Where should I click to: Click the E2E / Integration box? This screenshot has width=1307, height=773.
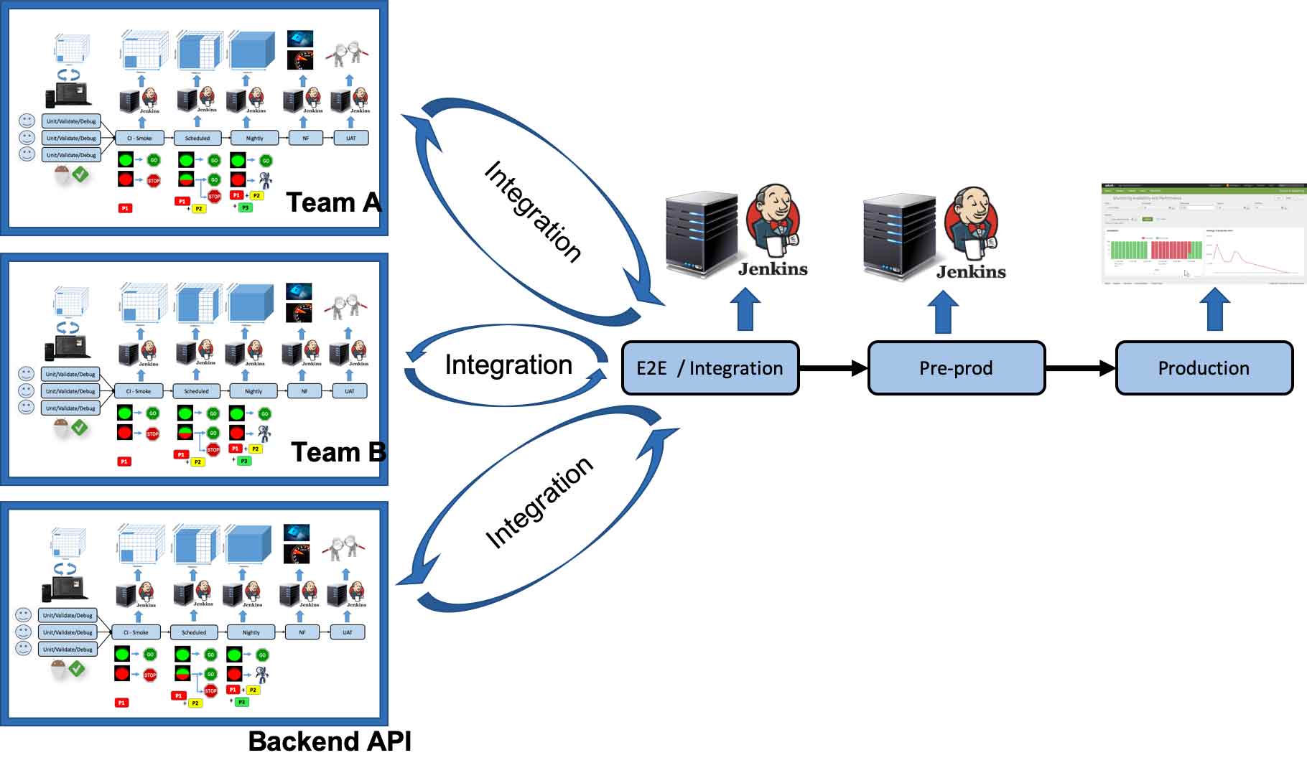710,368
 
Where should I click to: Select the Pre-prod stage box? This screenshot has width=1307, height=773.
956,368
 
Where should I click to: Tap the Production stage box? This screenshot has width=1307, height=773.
1204,368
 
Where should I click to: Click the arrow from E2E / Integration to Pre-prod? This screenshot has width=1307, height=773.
833,368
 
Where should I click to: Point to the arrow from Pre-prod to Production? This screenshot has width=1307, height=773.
1080,368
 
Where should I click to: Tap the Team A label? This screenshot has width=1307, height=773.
332,203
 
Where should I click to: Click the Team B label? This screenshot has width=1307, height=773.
338,453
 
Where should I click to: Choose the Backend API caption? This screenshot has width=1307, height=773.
330,741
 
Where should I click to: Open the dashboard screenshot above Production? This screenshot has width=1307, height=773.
1204,234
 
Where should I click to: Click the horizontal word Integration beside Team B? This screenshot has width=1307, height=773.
508,365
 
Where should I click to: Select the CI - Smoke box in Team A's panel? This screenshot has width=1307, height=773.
139,138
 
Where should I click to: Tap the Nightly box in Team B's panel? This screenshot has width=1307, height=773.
254,391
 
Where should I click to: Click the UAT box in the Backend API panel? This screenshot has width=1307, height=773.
348,632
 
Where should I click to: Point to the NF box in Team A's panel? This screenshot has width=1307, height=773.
305,138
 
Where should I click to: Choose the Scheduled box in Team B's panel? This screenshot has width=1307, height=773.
196,391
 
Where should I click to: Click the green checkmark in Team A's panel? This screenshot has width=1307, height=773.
81,174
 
